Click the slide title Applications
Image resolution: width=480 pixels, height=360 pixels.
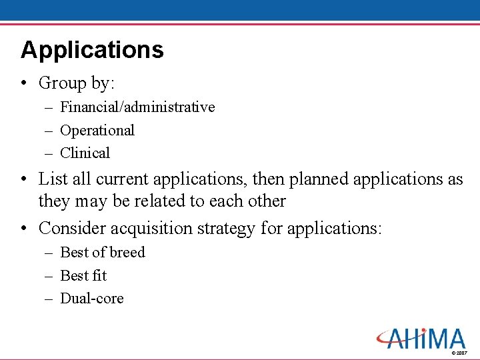pyautogui.click(x=92, y=50)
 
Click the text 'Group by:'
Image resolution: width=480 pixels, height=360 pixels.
pyautogui.click(x=77, y=83)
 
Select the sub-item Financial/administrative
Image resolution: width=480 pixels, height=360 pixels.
pyautogui.click(x=137, y=107)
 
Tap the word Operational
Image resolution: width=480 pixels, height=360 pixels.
pyautogui.click(x=97, y=130)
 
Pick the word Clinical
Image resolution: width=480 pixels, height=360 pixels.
pyautogui.click(x=85, y=153)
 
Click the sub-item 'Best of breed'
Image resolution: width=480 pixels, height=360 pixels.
pyautogui.click(x=102, y=252)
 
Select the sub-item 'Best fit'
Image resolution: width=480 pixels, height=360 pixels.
pyautogui.click(x=83, y=275)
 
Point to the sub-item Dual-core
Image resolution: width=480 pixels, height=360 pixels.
pyautogui.click(x=92, y=298)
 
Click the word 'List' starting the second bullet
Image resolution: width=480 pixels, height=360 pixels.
pyautogui.click(x=51, y=179)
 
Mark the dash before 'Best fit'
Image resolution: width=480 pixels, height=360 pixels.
pyautogui.click(x=49, y=275)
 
